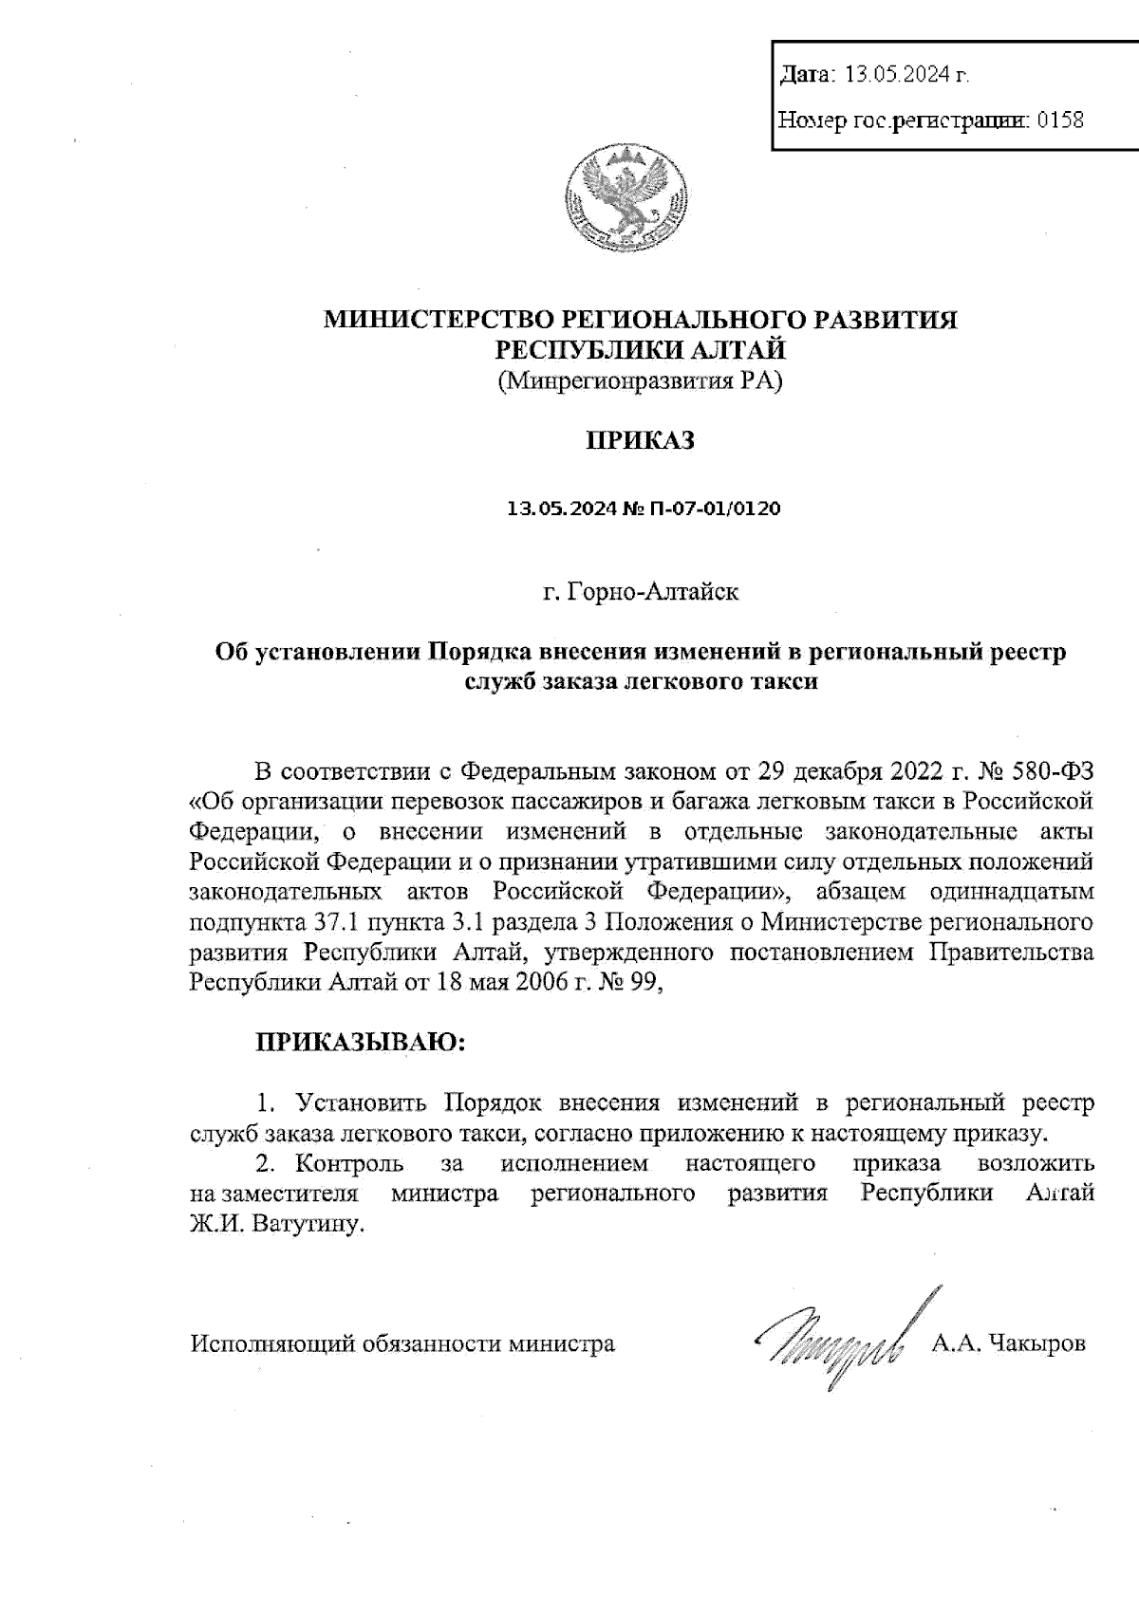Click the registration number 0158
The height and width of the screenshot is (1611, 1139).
click(x=1061, y=120)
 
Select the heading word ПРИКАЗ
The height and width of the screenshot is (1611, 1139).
click(x=641, y=441)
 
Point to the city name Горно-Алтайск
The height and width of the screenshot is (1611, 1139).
click(x=653, y=593)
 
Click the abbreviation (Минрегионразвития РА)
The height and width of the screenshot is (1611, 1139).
click(x=640, y=382)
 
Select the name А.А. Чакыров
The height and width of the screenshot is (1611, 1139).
click(x=1008, y=1343)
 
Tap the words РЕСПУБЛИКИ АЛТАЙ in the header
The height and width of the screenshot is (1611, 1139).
click(x=642, y=350)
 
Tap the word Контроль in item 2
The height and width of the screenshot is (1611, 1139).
click(x=349, y=1163)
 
